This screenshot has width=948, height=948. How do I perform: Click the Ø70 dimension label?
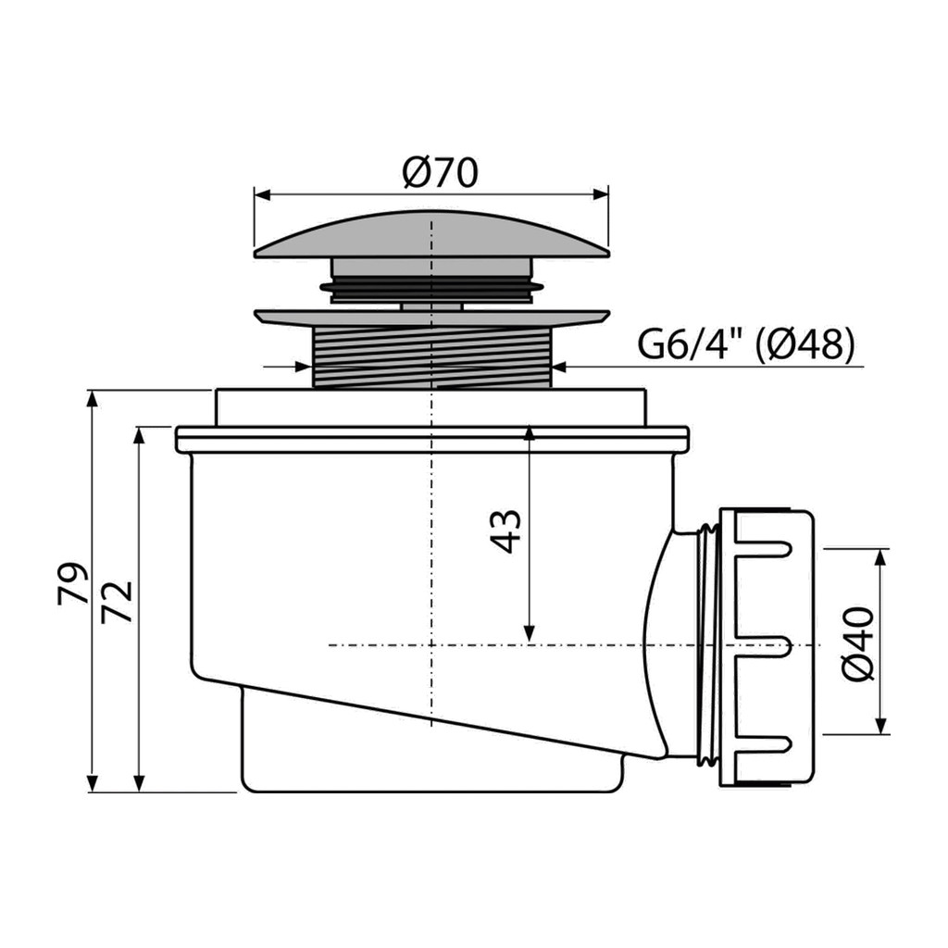tap(440, 172)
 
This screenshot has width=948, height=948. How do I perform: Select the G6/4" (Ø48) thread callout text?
tap(747, 344)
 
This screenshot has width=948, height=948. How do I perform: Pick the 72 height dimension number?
tap(117, 602)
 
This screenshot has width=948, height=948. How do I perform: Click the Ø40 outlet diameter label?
tap(858, 643)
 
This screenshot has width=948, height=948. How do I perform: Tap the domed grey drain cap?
tap(431, 236)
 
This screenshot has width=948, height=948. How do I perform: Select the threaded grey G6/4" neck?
tap(431, 356)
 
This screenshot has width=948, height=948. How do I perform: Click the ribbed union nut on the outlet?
tap(767, 647)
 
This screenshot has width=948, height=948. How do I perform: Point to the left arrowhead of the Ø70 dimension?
tap(261, 195)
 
